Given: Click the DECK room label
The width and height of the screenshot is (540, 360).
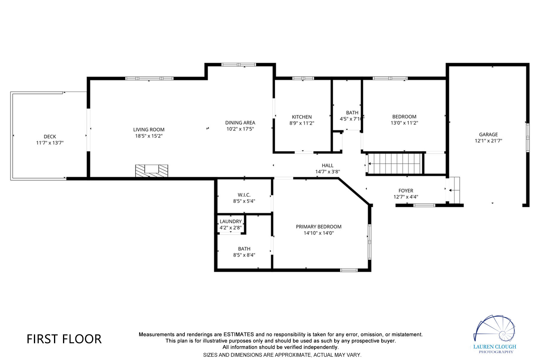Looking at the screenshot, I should point(50,136).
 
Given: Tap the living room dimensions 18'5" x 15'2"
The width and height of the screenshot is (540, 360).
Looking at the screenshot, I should point(149,136).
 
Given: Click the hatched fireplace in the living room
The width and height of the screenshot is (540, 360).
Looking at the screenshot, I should point(151,171).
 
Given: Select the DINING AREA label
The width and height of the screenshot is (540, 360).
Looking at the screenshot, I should point(240,123).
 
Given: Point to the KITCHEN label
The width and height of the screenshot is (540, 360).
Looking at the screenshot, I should point(302,117).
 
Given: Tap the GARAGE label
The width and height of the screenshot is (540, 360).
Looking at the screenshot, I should point(488,135).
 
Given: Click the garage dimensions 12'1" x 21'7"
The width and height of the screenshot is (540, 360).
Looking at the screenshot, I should point(488,141).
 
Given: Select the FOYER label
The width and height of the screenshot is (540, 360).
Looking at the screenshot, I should point(406,191).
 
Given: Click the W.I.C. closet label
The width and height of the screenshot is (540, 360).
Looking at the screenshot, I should point(244,195).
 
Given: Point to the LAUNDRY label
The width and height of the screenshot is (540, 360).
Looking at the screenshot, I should point(230,222).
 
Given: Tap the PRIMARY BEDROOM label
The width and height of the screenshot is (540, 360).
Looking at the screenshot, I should point(319,227).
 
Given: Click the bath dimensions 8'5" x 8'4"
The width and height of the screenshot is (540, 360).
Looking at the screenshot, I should point(244,255).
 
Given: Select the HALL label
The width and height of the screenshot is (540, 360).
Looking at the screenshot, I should point(328,166).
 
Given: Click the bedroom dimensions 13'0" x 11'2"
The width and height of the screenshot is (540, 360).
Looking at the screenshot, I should point(404,123).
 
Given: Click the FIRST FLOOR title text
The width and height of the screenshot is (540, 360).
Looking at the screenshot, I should point(64,339).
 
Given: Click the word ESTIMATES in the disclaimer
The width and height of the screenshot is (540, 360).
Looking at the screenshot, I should point(238,334).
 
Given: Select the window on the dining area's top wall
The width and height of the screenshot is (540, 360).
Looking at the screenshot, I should point(238,64).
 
